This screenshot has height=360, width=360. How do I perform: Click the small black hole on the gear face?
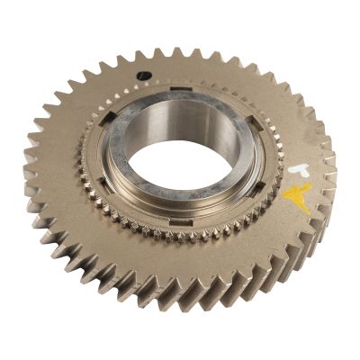[142, 76]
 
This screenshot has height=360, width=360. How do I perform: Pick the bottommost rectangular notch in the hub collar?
[180, 220]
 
